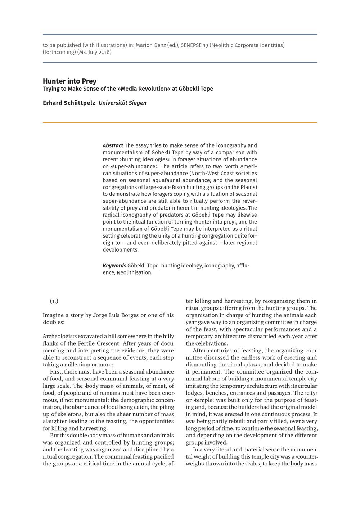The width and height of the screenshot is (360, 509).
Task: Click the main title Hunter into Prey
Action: [x=69, y=81]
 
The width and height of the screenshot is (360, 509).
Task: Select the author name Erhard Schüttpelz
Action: [x=69, y=103]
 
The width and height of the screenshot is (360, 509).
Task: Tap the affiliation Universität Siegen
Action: [x=122, y=103]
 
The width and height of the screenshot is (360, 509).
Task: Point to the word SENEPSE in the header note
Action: [x=191, y=45]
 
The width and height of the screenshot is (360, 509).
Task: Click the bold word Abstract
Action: [x=113, y=145]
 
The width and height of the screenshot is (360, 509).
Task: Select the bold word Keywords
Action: [x=114, y=266]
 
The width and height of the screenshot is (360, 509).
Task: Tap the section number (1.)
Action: [x=54, y=301]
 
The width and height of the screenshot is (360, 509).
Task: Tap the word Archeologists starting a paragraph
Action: [x=59, y=336]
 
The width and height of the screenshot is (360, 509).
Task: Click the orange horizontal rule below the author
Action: [x=180, y=123]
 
